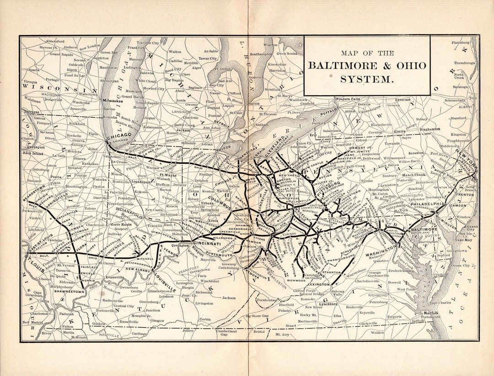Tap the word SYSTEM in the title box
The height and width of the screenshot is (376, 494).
tap(366, 79)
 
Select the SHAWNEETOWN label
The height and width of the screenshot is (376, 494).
tap(69, 291)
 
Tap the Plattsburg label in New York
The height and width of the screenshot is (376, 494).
tap(461, 42)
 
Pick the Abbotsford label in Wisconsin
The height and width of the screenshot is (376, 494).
tap(55, 41)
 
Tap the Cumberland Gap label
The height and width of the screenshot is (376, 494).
tap(226, 332)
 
